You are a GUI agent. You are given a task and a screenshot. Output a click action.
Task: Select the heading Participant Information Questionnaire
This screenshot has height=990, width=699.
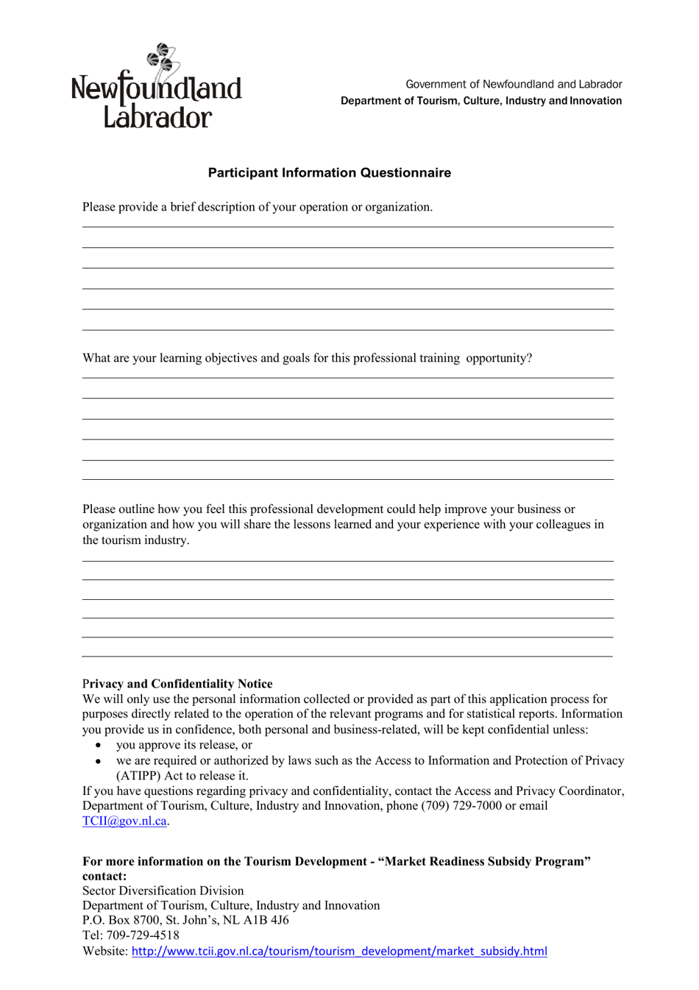click(x=329, y=173)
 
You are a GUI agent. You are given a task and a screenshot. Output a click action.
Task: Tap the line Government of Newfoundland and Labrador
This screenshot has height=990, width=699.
click(x=514, y=85)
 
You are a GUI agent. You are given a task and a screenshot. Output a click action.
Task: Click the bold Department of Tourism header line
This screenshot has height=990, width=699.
click(x=480, y=101)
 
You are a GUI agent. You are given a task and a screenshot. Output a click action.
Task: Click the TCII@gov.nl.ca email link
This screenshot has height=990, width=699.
click(x=124, y=821)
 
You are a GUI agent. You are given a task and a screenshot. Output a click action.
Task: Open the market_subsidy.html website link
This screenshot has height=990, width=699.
click(x=339, y=951)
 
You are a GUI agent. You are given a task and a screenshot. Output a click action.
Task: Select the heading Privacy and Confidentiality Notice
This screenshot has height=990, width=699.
click(x=177, y=684)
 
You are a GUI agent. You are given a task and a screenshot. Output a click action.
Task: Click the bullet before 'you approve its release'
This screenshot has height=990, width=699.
click(x=99, y=746)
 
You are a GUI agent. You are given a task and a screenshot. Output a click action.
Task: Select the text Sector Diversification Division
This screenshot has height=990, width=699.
click(x=163, y=891)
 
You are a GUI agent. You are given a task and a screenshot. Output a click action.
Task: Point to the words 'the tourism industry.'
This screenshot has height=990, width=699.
click(x=135, y=540)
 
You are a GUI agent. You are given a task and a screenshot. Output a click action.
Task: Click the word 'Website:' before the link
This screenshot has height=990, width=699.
click(x=105, y=951)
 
